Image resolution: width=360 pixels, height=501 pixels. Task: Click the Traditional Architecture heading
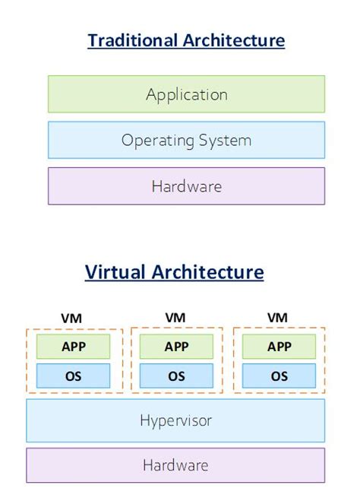pyautogui.click(x=186, y=40)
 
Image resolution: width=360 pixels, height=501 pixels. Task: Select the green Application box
pyautogui.click(x=186, y=94)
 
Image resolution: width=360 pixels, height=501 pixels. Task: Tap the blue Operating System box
pyautogui.click(x=186, y=140)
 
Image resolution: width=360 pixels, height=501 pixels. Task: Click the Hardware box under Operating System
pyautogui.click(x=186, y=186)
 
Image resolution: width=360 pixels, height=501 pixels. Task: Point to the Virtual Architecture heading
pyautogui.click(x=174, y=271)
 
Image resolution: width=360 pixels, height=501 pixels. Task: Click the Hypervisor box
pyautogui.click(x=175, y=420)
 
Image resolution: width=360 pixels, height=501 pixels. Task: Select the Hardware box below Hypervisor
pyautogui.click(x=175, y=465)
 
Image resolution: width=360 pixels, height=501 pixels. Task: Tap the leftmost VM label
pyautogui.click(x=74, y=317)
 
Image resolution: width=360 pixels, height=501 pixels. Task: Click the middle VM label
pyautogui.click(x=176, y=317)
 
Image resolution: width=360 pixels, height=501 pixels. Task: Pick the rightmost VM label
pyautogui.click(x=279, y=317)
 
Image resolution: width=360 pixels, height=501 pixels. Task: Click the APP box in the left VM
pyautogui.click(x=74, y=347)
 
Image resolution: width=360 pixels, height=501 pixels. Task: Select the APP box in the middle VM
pyautogui.click(x=176, y=347)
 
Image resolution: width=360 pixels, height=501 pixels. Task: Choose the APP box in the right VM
pyautogui.click(x=279, y=347)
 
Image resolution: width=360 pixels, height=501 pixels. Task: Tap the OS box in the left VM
pyautogui.click(x=74, y=376)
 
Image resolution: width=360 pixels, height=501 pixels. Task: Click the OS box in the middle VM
pyautogui.click(x=176, y=376)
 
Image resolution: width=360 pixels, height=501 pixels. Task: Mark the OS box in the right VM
pyautogui.click(x=279, y=376)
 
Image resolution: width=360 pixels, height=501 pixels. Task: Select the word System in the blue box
pyautogui.click(x=226, y=140)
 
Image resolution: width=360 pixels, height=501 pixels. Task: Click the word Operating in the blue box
pyautogui.click(x=157, y=141)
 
